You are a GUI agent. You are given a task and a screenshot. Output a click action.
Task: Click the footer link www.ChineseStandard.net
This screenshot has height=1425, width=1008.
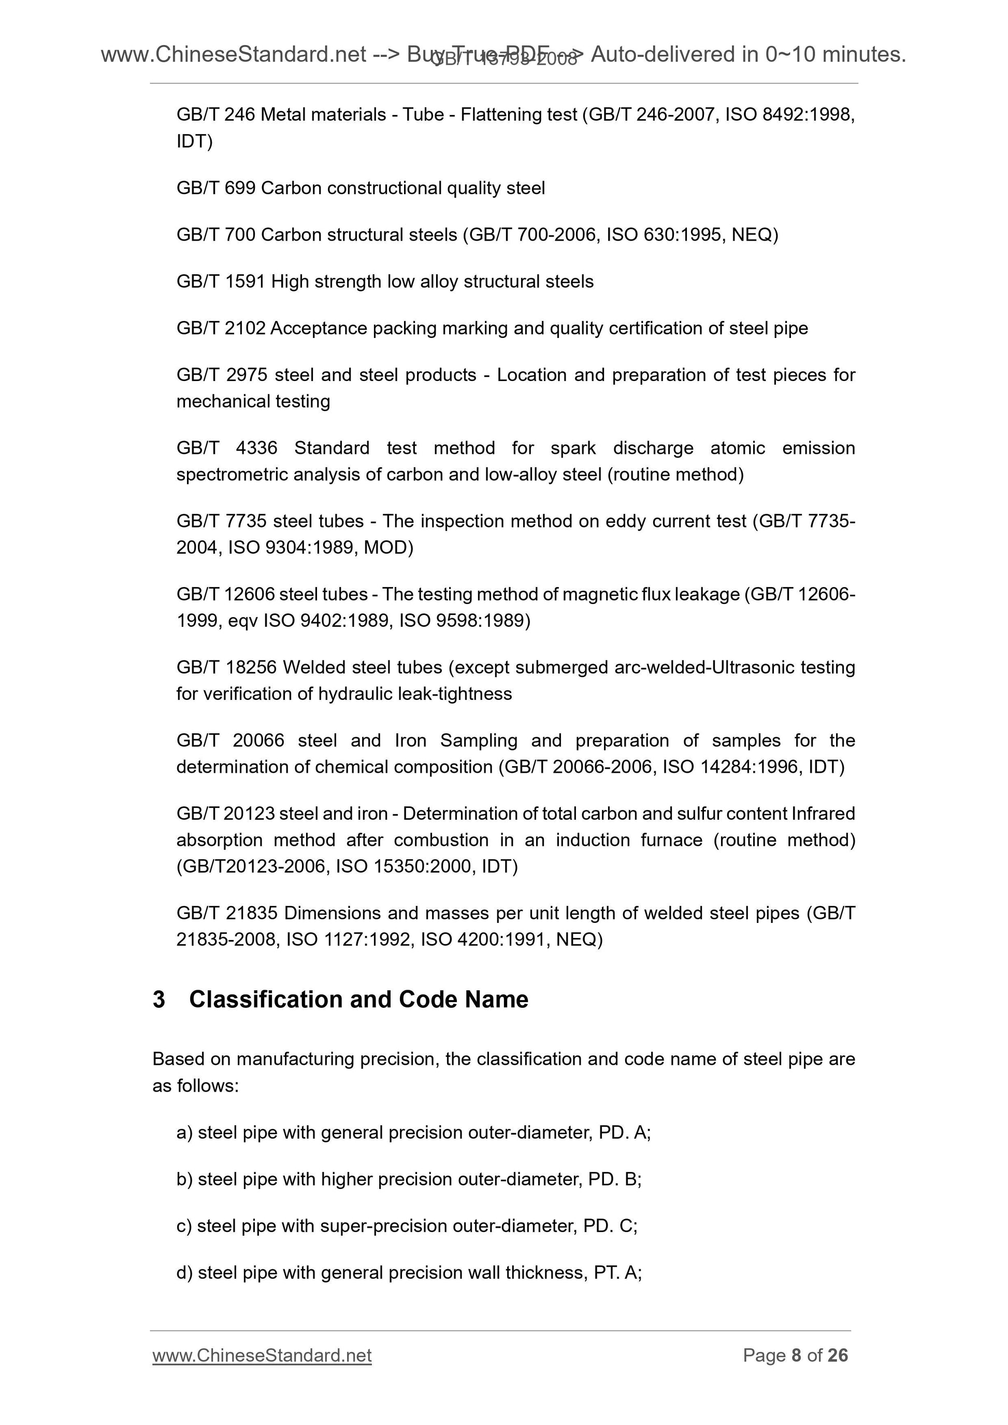click(x=262, y=1355)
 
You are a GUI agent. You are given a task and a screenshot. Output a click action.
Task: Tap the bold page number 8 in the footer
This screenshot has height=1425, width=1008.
click(x=796, y=1355)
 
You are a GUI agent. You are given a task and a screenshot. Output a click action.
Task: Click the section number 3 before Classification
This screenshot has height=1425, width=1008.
click(x=159, y=999)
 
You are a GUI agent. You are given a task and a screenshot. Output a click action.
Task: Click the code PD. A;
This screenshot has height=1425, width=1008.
click(x=624, y=1133)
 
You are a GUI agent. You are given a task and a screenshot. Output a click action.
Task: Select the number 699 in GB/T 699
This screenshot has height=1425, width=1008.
click(x=240, y=188)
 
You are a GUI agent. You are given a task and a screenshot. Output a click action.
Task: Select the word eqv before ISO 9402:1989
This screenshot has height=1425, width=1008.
click(x=242, y=621)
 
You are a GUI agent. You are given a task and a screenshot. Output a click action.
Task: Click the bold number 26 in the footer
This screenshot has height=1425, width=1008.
click(x=837, y=1355)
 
